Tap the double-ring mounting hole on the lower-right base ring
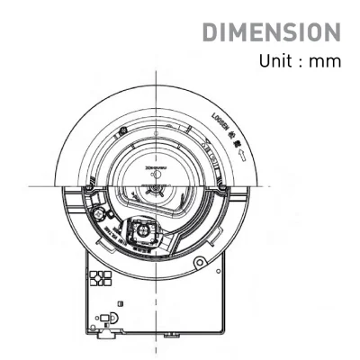coord(199,264)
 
